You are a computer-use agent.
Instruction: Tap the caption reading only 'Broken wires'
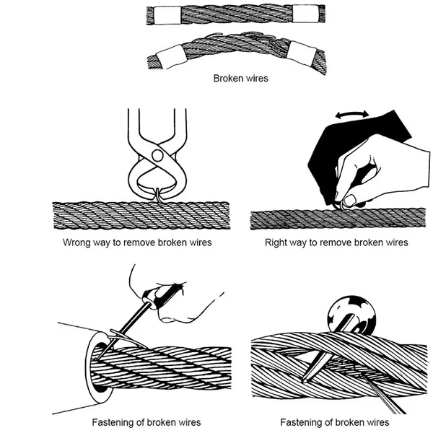[x=240, y=77]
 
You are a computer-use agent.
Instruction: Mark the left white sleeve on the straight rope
[x=160, y=14]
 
